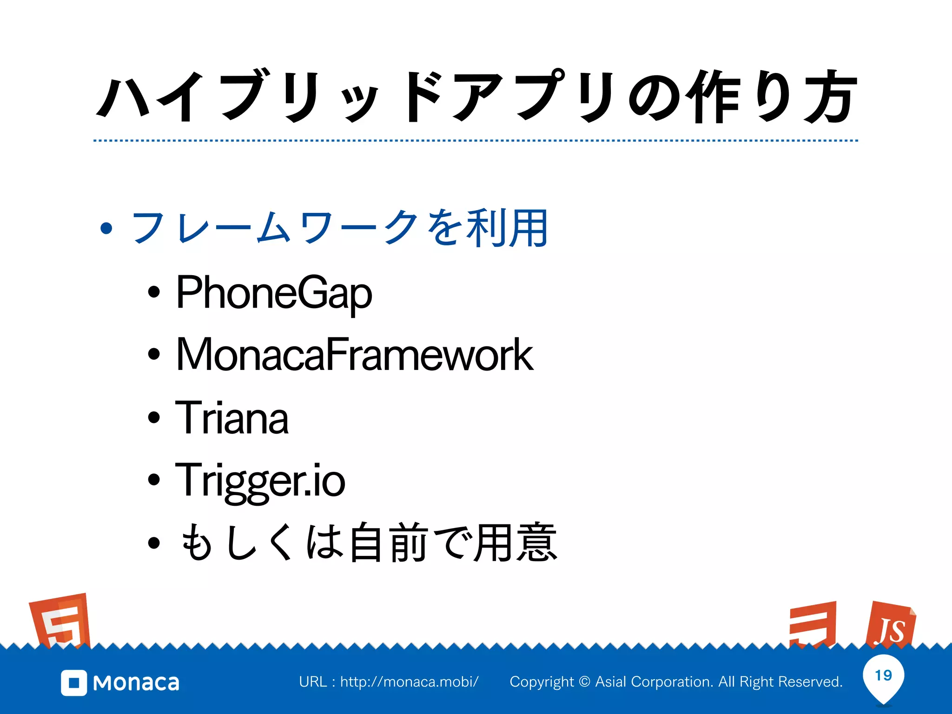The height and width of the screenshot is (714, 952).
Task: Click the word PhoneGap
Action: (274, 293)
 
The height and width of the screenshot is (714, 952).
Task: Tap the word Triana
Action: (231, 418)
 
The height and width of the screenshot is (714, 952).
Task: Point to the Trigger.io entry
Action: (260, 481)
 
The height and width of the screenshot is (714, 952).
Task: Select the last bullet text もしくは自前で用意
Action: (368, 542)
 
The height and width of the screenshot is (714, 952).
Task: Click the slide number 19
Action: (883, 675)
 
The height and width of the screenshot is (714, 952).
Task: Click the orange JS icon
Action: (890, 626)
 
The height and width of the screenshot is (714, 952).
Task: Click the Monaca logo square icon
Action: (74, 683)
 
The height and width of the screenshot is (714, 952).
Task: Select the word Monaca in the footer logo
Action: (136, 683)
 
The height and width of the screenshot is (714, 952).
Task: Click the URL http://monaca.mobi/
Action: (409, 682)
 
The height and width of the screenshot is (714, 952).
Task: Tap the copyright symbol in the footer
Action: (585, 682)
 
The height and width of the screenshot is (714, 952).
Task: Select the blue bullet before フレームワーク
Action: (106, 229)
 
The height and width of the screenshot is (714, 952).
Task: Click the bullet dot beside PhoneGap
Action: (154, 292)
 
